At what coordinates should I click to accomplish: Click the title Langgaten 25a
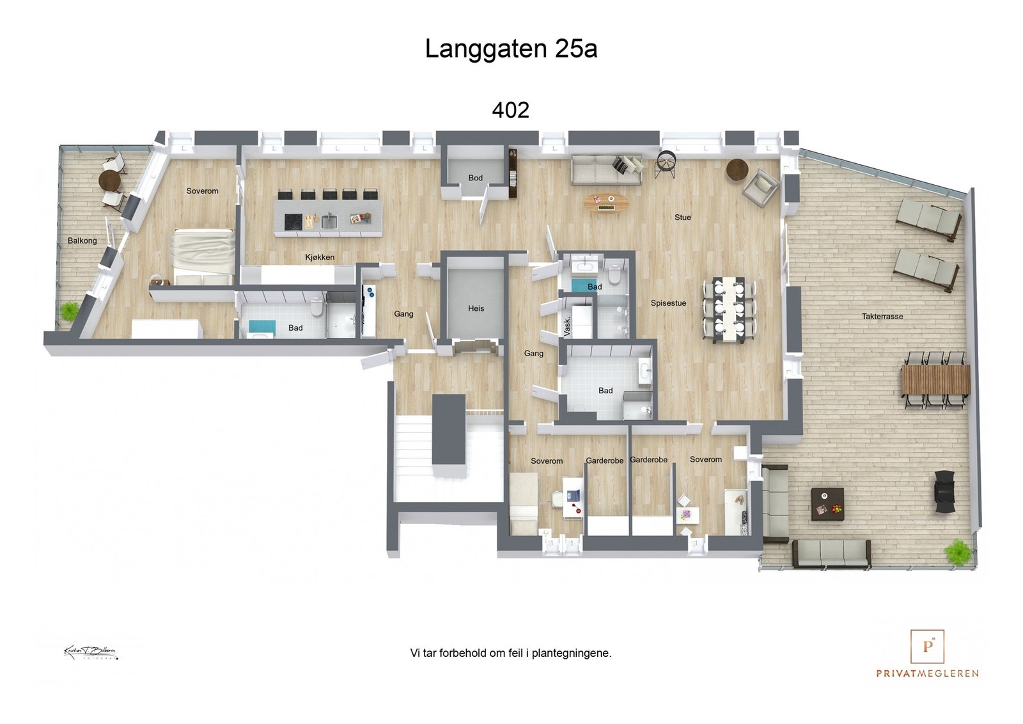511,49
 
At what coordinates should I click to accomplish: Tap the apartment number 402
510,110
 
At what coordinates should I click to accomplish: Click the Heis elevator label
476,308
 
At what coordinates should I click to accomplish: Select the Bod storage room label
475,178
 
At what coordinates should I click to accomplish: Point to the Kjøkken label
320,257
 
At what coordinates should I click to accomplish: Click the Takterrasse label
882,317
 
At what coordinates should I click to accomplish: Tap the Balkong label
82,241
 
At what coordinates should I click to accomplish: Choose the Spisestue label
668,303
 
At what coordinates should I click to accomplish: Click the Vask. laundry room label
567,326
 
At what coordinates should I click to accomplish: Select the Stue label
682,217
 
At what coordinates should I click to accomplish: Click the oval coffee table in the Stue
605,203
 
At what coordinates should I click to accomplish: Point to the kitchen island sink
329,221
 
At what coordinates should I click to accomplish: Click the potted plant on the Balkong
68,311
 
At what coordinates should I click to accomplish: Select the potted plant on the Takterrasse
957,551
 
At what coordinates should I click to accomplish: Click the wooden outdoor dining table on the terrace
935,379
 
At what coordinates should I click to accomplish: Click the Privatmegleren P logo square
927,646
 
